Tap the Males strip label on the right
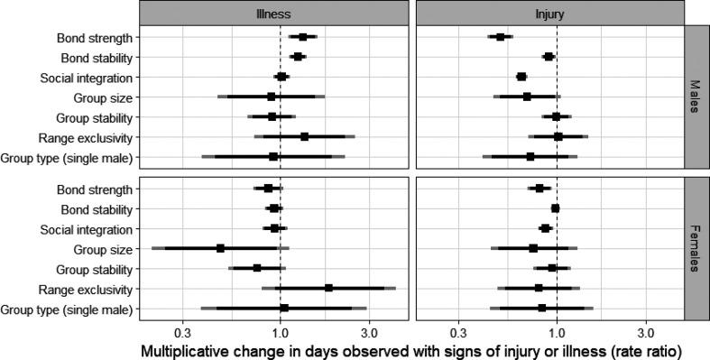pos(696,97)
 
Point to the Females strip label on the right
pos(696,248)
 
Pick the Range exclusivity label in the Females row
pos(86,289)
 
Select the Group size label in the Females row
pos(104,249)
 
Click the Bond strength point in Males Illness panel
pos(303,37)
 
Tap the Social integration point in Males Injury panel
pos(521,77)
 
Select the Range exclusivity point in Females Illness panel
pos(329,289)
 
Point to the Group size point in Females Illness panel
pos(220,249)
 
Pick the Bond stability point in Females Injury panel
pos(556,208)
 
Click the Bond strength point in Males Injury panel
pos(500,37)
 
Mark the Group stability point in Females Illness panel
pos(257,268)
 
